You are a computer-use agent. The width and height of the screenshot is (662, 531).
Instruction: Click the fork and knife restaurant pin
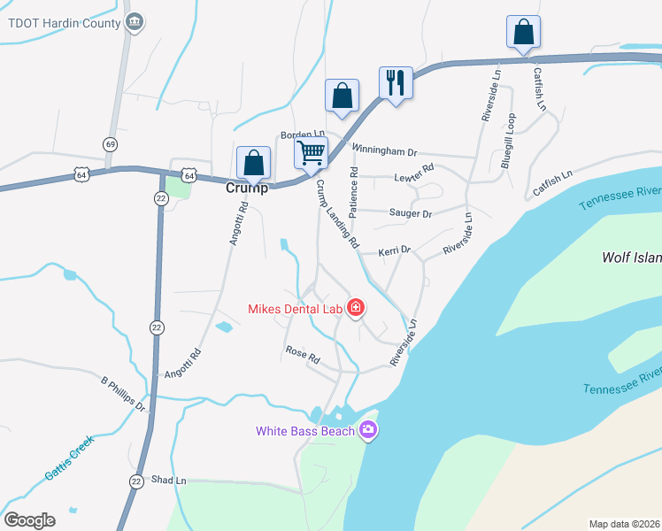tap(395, 83)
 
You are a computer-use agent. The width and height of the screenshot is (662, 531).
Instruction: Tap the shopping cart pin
tap(311, 152)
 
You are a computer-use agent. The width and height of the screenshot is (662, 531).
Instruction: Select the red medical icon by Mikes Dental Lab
tap(356, 308)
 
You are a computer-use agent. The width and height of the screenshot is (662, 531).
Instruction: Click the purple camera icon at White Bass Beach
tap(368, 431)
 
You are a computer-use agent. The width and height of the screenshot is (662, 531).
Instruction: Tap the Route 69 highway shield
tap(110, 144)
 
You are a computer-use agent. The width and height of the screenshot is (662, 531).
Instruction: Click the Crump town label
tap(246, 188)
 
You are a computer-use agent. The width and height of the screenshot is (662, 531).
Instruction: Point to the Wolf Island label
tap(631, 258)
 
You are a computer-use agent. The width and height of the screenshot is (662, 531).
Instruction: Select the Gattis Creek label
tap(70, 463)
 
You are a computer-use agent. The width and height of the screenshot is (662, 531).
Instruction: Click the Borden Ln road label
tap(296, 135)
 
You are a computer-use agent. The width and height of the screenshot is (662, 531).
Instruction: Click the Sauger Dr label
tap(410, 213)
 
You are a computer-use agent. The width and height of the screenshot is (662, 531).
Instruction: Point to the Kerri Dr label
tap(395, 250)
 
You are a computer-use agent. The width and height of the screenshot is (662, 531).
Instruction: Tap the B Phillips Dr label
tap(123, 394)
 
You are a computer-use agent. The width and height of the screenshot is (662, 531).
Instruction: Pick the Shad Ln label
tap(169, 481)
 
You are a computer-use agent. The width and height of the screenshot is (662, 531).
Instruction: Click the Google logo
tap(29, 519)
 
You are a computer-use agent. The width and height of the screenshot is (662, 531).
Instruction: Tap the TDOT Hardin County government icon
tap(134, 23)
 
